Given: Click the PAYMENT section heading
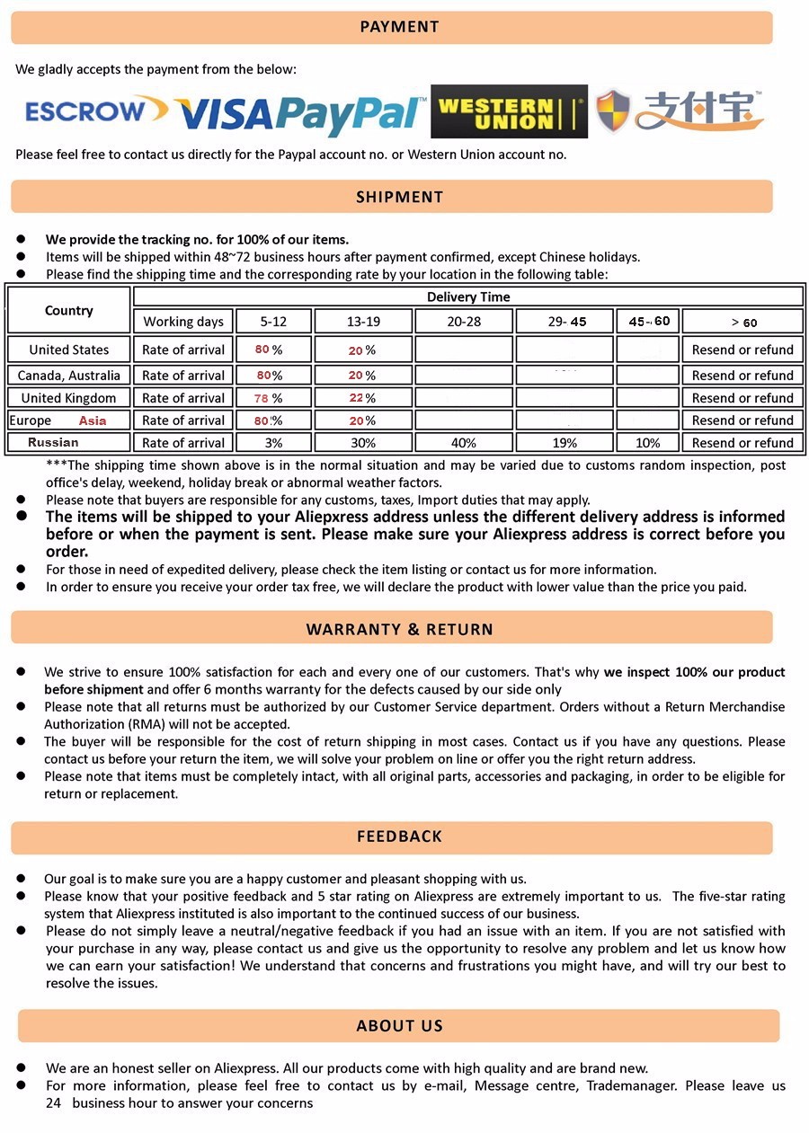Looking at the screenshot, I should (399, 27).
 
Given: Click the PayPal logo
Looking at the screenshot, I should (351, 113).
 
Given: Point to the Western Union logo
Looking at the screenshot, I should (509, 112).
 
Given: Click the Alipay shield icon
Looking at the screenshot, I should (613, 111).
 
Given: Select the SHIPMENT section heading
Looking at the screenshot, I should (399, 197).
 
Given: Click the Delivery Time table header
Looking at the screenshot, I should (467, 297).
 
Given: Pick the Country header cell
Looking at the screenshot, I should (68, 310).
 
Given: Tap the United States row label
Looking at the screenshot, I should (68, 350).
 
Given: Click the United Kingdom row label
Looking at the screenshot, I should (68, 398).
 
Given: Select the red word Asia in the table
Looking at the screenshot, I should (92, 420).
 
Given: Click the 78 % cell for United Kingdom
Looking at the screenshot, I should (273, 398).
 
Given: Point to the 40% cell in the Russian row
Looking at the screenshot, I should (463, 443).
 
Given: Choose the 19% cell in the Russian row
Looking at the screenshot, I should (564, 443).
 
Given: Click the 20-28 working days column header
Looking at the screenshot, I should (463, 322).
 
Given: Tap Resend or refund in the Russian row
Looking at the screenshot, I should (742, 443).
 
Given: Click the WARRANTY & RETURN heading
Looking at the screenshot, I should (399, 629).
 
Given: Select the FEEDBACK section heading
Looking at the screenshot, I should (399, 836).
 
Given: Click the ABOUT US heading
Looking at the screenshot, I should (399, 1026).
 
